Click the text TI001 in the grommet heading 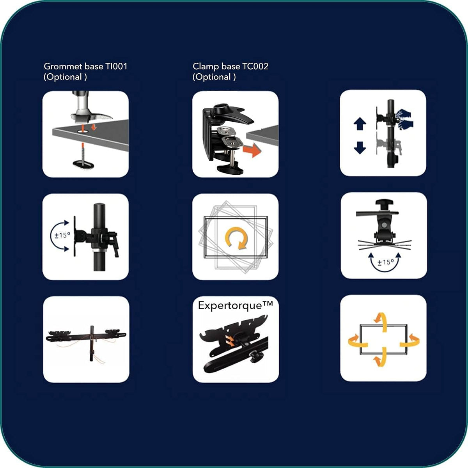pyautogui.click(x=116, y=66)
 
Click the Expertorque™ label pyautogui.click(x=235, y=306)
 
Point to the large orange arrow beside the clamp pyautogui.click(x=252, y=150)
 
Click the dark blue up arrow pyautogui.click(x=360, y=124)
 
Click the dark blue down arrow pyautogui.click(x=360, y=148)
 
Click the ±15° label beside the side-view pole pyautogui.click(x=62, y=235)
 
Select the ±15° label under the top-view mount pyautogui.click(x=385, y=262)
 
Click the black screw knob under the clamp pyautogui.click(x=230, y=168)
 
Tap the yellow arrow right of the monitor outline pyautogui.click(x=410, y=342)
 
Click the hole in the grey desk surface pyautogui.click(x=83, y=131)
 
